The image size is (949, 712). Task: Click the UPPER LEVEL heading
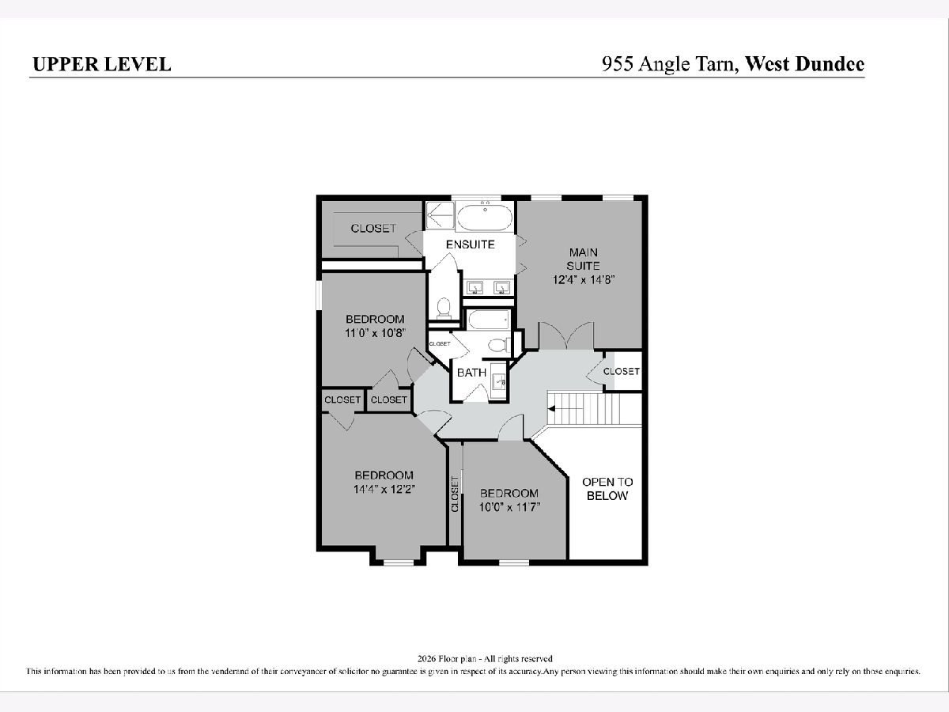(102, 64)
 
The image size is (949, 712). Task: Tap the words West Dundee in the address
(804, 63)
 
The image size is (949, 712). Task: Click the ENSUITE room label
(471, 244)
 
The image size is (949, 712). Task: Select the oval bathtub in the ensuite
(485, 218)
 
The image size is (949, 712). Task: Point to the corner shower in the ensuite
(440, 215)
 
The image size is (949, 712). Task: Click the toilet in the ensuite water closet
(444, 309)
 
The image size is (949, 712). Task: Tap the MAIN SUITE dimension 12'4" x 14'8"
(584, 280)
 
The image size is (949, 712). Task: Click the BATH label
(471, 372)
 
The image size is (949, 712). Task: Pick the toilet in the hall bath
(499, 345)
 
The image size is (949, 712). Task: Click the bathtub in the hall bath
(489, 320)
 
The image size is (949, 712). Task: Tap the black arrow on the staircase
(551, 408)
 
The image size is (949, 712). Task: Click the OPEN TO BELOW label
(607, 489)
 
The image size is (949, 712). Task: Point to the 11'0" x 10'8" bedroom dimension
(375, 333)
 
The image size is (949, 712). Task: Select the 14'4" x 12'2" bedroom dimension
(384, 490)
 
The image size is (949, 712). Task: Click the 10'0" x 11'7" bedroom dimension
(510, 507)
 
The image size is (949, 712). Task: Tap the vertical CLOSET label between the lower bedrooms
(455, 494)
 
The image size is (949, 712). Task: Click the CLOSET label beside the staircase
(622, 371)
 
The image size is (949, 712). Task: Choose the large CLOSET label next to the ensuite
(373, 229)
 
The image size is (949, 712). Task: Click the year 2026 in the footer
(427, 659)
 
